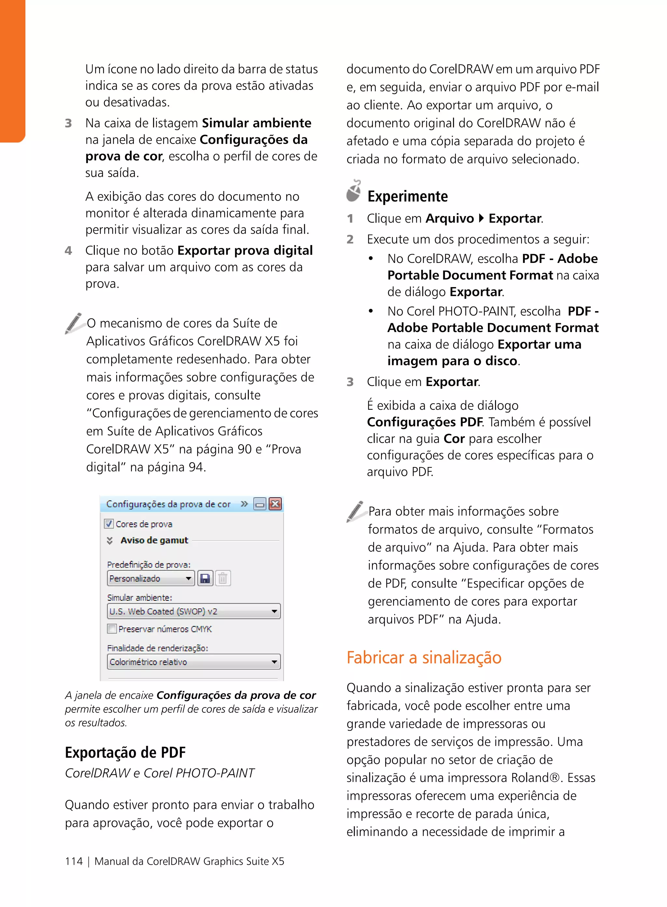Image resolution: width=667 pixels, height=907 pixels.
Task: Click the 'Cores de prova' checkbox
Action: (108, 524)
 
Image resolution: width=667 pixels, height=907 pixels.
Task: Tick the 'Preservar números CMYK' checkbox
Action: (112, 629)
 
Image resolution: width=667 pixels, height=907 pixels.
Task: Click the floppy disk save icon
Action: (205, 579)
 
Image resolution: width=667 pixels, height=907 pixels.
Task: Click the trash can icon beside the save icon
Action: (222, 579)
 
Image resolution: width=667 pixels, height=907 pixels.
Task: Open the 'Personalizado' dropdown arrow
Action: (188, 579)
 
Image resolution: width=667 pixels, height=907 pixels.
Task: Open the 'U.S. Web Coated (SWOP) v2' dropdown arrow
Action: (274, 611)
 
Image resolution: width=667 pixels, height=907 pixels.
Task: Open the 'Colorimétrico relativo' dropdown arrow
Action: (274, 662)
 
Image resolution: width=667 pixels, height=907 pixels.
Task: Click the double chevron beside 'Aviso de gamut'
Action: (109, 540)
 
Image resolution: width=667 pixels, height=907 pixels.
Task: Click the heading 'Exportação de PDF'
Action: (125, 752)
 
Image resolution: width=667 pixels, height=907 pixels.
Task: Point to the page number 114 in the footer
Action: (74, 861)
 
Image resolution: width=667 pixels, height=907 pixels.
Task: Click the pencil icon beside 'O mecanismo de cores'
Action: (74, 323)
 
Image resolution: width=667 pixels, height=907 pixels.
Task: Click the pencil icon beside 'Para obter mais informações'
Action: (355, 511)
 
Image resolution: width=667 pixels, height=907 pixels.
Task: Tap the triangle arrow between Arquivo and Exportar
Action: (481, 218)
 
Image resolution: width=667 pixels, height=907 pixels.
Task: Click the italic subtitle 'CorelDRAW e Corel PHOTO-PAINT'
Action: (160, 773)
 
